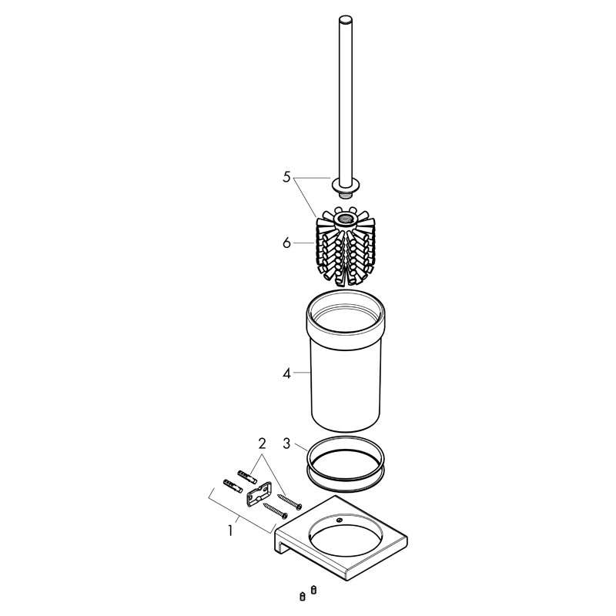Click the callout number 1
(230, 531)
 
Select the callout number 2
(262, 444)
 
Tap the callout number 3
(286, 444)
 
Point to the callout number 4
(286, 373)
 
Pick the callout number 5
(286, 177)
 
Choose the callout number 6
(286, 243)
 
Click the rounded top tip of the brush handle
(346, 19)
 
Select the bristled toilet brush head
(345, 246)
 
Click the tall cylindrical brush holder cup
(345, 361)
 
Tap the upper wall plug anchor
(247, 476)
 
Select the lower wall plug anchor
(233, 487)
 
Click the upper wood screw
(290, 501)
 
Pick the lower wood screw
(276, 511)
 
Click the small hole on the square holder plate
(340, 521)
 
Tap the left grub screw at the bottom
(302, 596)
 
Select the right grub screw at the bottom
(313, 589)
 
